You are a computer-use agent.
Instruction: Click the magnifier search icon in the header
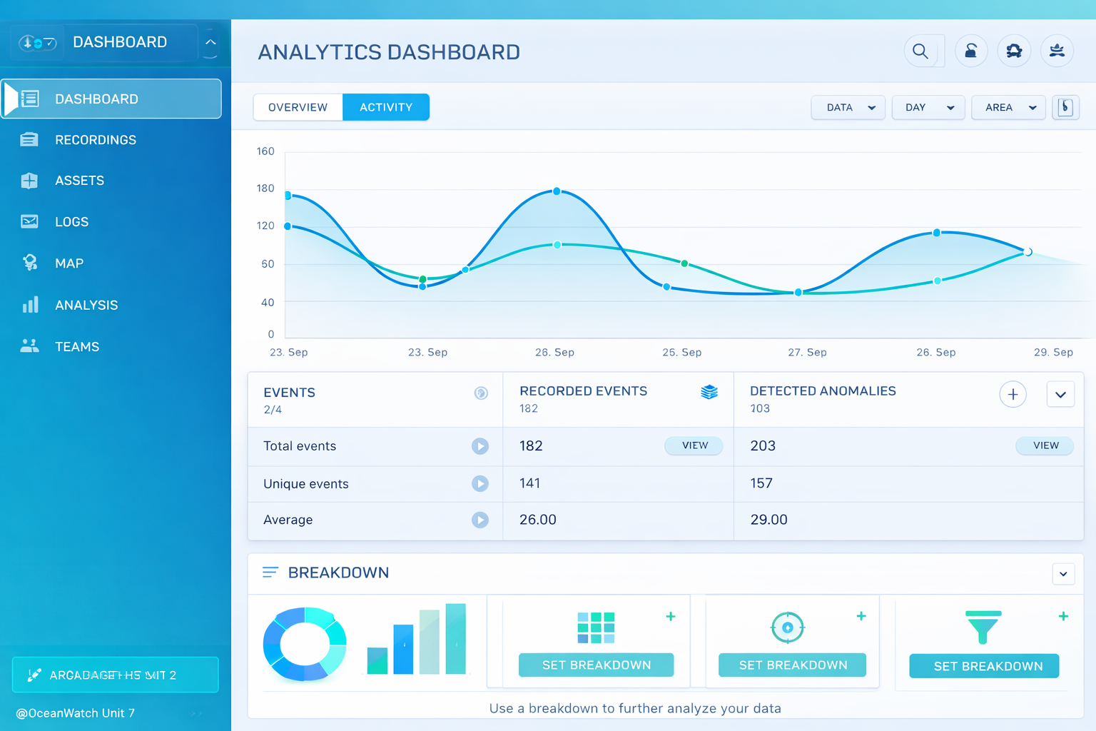[920, 51]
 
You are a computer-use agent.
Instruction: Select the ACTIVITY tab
[385, 107]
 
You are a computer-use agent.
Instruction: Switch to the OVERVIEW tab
[298, 107]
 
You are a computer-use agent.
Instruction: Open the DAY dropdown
[928, 107]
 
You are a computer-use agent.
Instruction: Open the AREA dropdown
[1008, 107]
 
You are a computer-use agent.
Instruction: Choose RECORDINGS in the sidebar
[95, 140]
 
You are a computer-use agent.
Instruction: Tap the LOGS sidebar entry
[71, 222]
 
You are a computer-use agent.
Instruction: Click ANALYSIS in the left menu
[86, 305]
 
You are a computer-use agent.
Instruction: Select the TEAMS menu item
[77, 347]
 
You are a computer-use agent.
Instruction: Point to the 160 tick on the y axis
[265, 151]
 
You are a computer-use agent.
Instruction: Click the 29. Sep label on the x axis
[1053, 352]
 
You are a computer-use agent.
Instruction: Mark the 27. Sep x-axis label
[807, 352]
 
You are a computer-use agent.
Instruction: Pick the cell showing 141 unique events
[529, 483]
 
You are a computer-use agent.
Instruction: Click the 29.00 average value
[768, 520]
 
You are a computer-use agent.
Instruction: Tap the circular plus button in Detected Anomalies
[1013, 395]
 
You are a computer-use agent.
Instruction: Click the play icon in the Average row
[480, 520]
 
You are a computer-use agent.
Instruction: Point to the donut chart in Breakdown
[305, 643]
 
